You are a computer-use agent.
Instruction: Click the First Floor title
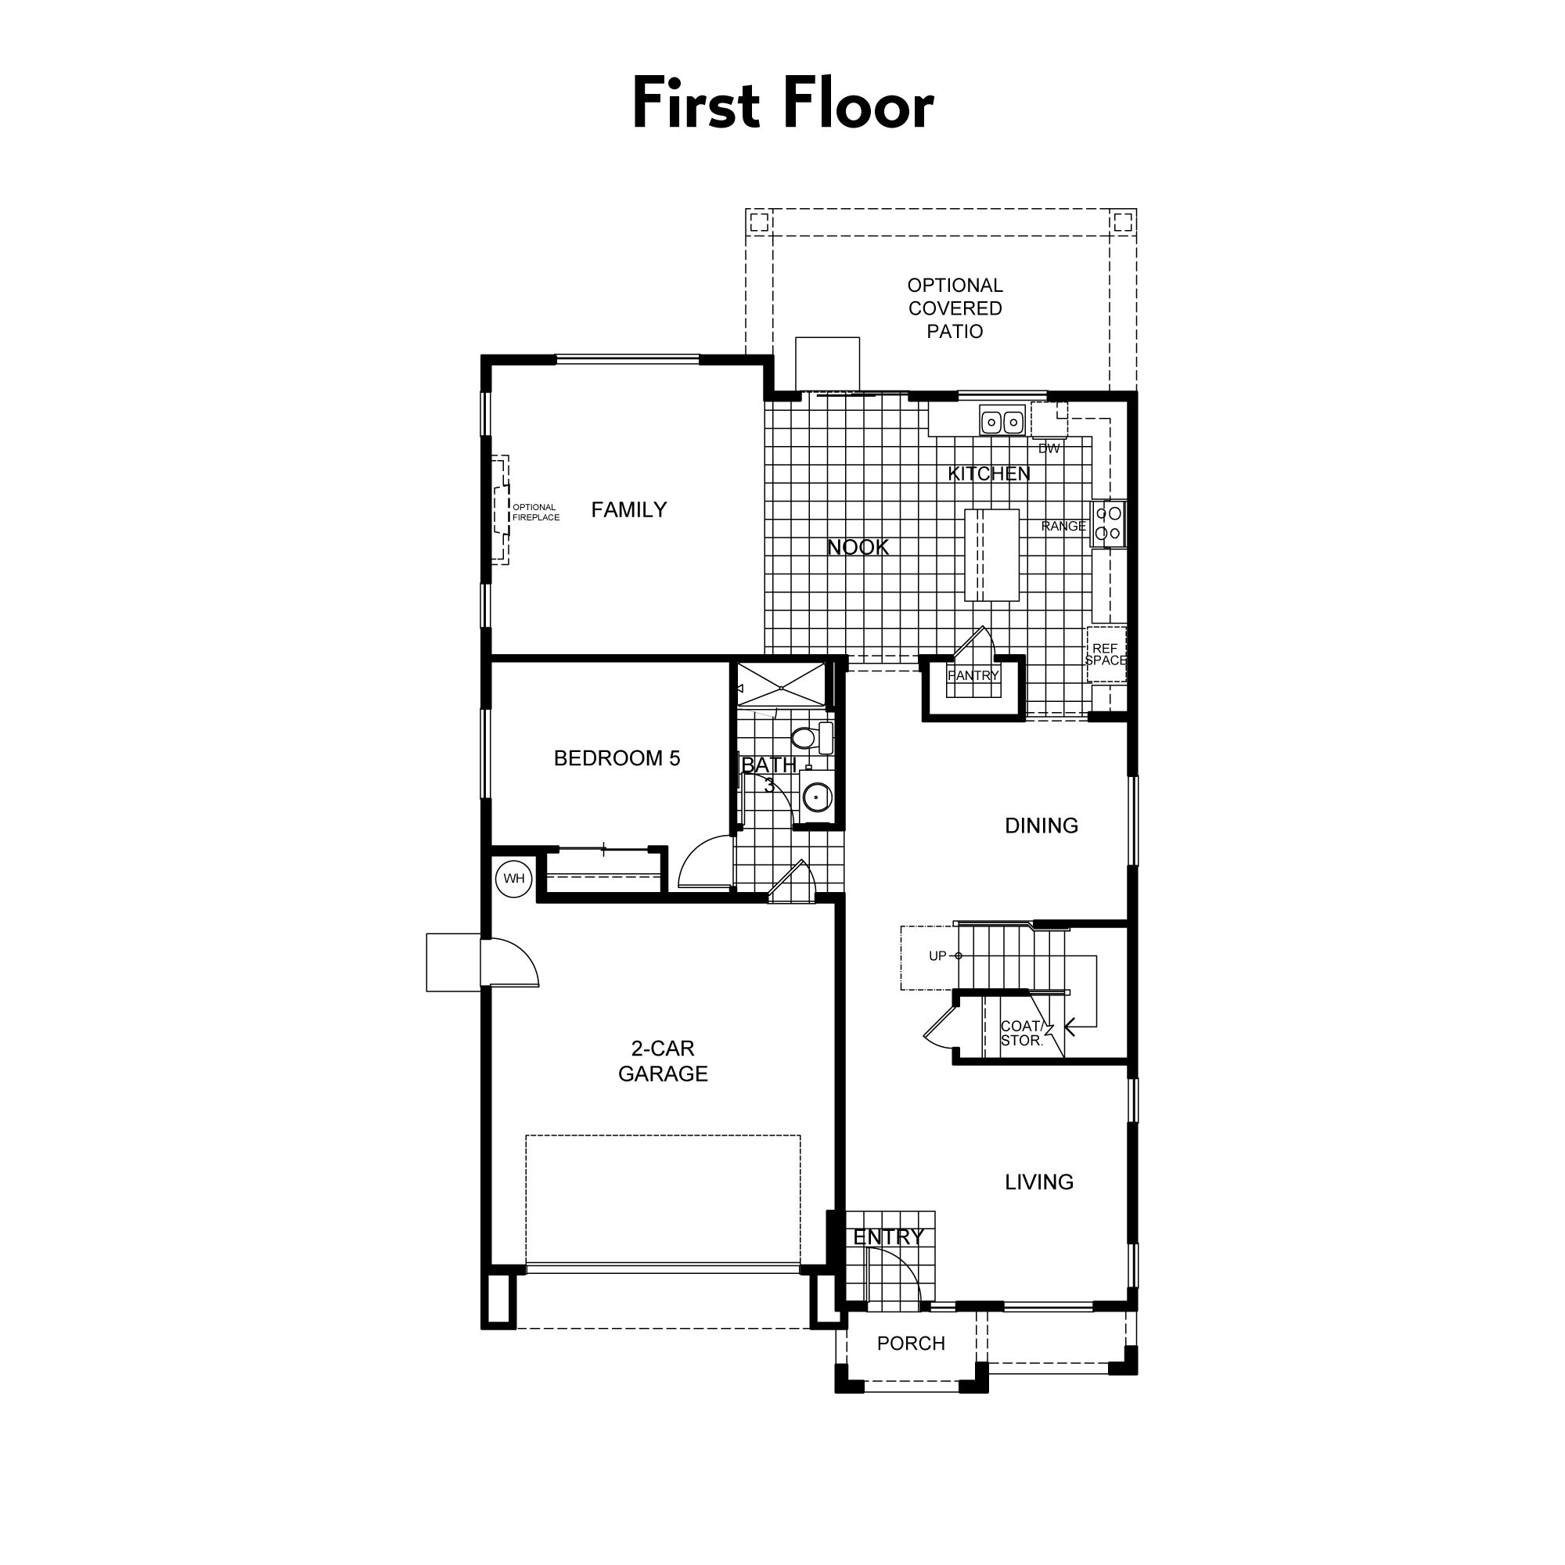tap(782, 105)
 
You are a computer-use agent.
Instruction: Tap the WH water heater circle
tap(514, 879)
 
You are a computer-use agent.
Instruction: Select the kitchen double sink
tap(1002, 422)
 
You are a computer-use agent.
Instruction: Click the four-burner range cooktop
tap(1107, 523)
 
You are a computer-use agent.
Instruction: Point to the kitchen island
tap(991, 555)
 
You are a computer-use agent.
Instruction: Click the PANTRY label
tap(973, 675)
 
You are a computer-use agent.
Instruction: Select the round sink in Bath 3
tap(816, 797)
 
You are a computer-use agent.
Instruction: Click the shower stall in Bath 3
tap(781, 687)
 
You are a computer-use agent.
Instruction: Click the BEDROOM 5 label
tap(617, 758)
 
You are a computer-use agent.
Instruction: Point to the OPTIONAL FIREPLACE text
tap(535, 512)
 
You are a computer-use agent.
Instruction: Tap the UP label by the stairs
tap(937, 956)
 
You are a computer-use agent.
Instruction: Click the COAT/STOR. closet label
tap(1020, 1034)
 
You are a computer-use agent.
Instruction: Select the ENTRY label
tap(888, 1237)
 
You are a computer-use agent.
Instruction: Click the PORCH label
tap(911, 1343)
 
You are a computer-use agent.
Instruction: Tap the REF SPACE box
tap(1106, 654)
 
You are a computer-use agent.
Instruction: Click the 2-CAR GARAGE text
tap(663, 1060)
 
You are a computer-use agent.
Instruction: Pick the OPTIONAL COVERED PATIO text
tap(955, 308)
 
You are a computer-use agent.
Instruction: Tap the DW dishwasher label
tap(1049, 448)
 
